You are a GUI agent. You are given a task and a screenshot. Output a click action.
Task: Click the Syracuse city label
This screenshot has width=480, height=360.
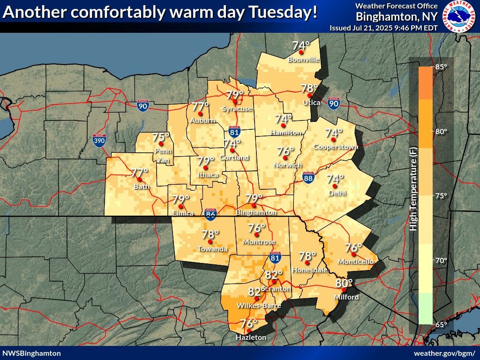[237, 109]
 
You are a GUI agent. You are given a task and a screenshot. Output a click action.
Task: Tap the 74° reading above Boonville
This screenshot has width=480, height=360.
[301, 46]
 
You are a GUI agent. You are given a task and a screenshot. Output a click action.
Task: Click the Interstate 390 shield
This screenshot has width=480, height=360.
[99, 141]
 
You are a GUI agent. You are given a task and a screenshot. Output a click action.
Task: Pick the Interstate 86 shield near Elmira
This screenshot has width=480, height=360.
[211, 215]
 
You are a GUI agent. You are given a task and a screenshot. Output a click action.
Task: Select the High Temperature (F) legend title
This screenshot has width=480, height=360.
[413, 195]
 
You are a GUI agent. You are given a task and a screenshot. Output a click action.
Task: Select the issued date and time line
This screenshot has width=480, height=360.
[383, 28]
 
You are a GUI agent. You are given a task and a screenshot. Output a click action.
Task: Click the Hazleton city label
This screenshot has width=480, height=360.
[251, 337]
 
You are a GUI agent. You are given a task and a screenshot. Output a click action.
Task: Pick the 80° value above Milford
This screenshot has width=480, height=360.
[344, 283]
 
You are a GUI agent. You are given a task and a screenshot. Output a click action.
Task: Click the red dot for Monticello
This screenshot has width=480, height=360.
[353, 255]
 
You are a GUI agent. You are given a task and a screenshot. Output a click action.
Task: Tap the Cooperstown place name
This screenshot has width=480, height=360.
[336, 147]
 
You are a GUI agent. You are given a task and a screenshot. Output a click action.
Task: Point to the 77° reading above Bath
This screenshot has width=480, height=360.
[139, 172]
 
